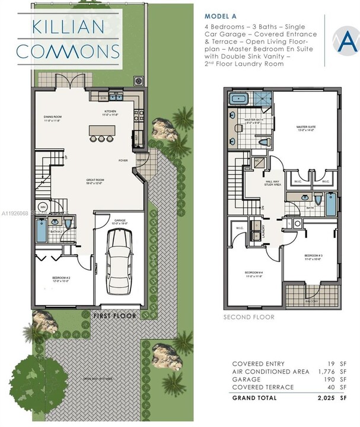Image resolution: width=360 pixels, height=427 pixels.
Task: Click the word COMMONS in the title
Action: pos(67,50)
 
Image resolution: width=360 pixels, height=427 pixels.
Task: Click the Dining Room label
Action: pos(53,118)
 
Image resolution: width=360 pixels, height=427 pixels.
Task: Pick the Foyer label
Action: pos(123,160)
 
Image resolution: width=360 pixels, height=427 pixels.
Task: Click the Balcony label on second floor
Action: pos(305,300)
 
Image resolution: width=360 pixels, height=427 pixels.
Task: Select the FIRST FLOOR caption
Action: pos(115,316)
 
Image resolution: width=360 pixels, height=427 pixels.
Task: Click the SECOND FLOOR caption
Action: pos(249,317)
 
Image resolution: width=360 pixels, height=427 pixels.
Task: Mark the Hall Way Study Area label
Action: pos(273,184)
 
